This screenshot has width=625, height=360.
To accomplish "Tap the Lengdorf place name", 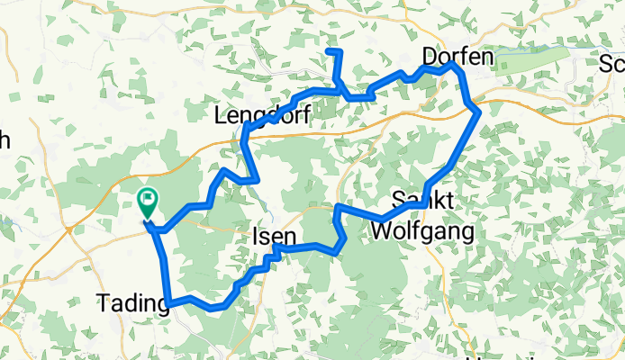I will (262, 115).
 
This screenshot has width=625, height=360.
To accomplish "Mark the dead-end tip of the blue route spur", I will (330, 51).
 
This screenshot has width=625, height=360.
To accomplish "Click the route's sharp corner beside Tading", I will (168, 302).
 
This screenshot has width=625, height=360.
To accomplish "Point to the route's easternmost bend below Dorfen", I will (478, 112).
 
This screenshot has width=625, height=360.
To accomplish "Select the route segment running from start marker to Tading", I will (162, 261).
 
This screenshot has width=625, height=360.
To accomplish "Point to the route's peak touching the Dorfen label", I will (454, 66).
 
